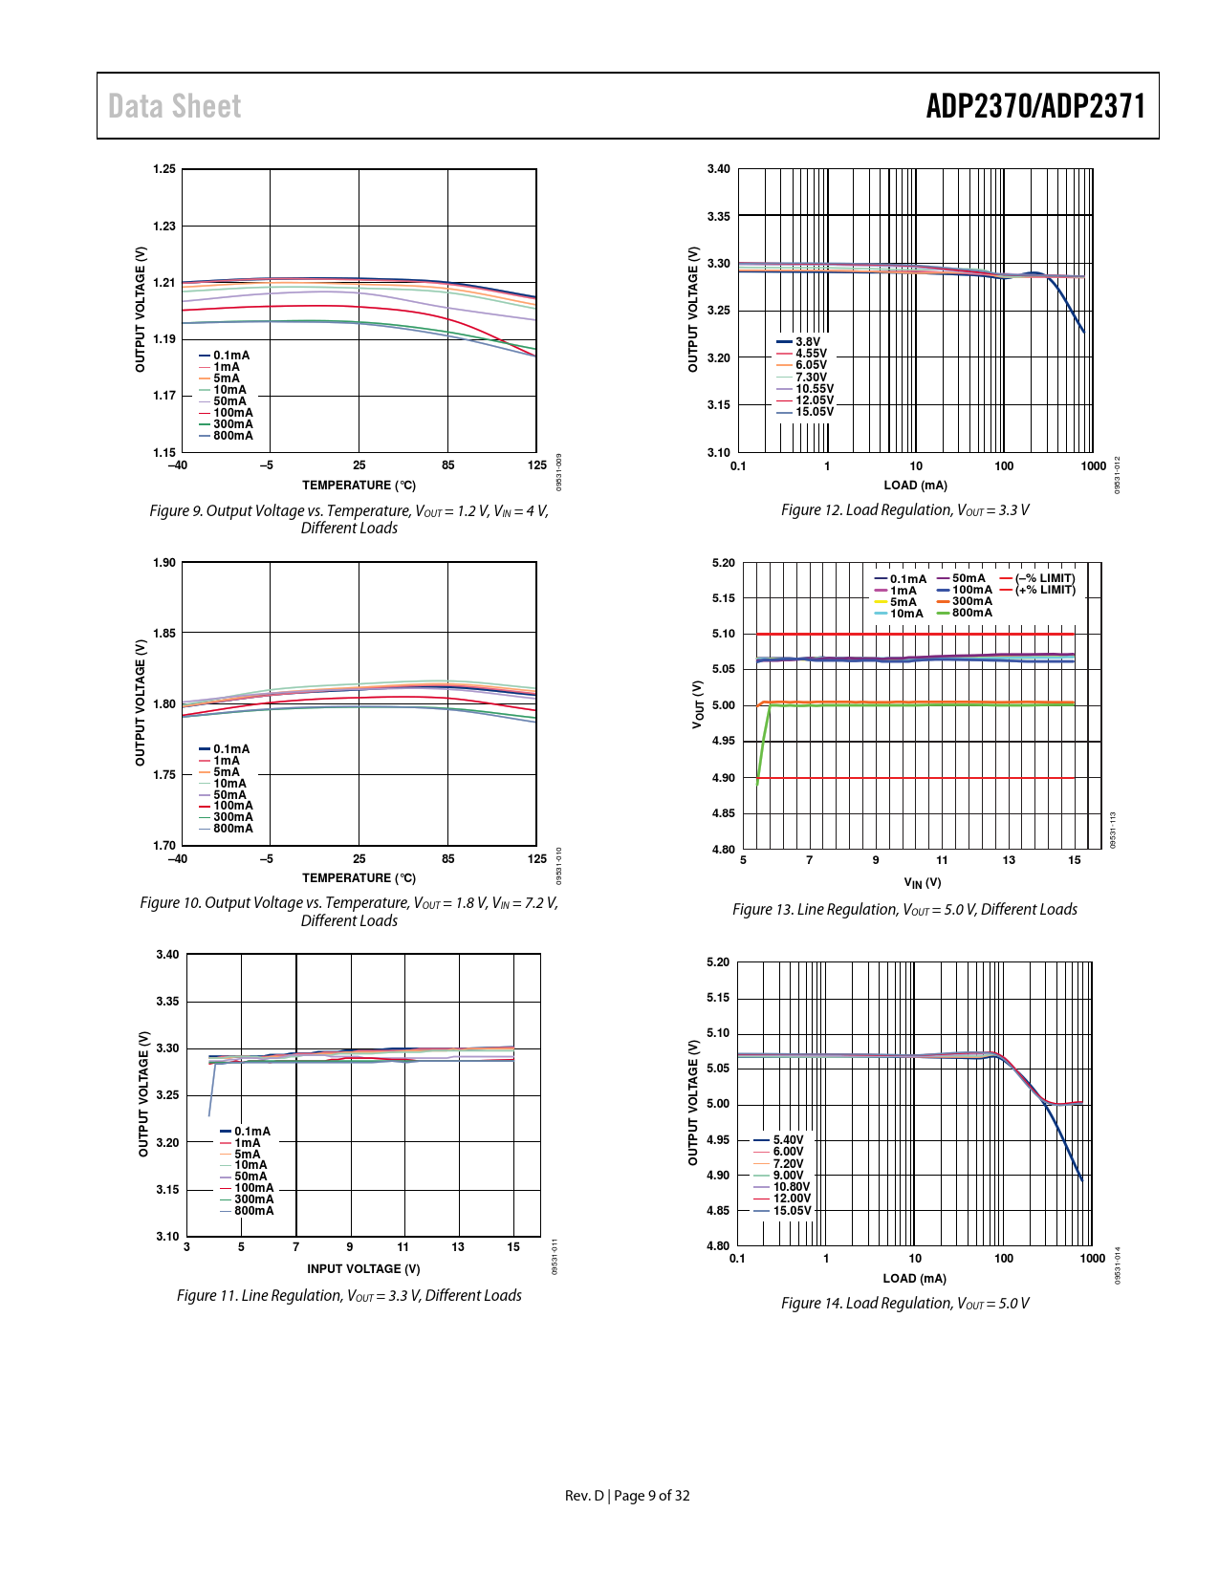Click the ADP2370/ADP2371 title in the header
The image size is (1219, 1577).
point(1034,106)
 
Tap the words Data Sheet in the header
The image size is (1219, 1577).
point(174,106)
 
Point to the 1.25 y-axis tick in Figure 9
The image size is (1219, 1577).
point(164,169)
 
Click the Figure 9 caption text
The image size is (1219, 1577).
point(349,519)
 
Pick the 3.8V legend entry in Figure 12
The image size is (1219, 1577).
point(807,342)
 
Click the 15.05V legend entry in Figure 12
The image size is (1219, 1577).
point(814,412)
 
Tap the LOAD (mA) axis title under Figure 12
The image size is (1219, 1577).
point(915,486)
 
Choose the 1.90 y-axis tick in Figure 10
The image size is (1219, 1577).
point(164,563)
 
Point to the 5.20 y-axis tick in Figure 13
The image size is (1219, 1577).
point(724,563)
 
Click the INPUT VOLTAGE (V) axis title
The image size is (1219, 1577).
point(363,1269)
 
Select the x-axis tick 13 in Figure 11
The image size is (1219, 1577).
point(458,1247)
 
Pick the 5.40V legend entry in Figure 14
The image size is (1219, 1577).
point(788,1140)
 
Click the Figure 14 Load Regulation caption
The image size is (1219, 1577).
point(904,1304)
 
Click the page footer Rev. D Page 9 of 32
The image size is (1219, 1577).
point(627,1496)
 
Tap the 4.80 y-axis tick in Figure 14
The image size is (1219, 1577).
point(718,1246)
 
